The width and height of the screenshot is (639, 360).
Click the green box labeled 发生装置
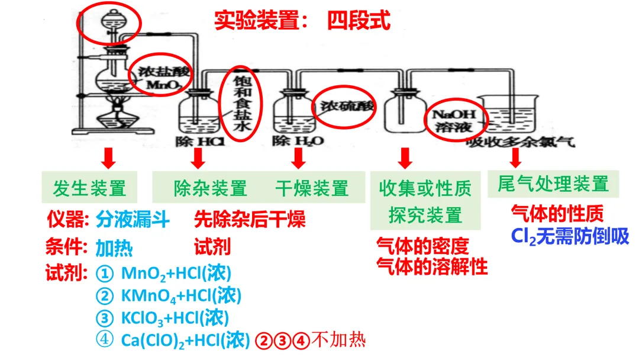tap(89, 188)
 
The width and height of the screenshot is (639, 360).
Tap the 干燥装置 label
tap(312, 188)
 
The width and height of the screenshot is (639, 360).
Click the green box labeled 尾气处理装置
tap(553, 184)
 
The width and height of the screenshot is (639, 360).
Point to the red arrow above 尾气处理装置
tap(515, 157)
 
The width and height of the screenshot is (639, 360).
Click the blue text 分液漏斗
tap(133, 220)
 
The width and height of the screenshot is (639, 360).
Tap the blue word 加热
tap(114, 247)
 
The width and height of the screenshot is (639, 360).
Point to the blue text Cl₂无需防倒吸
tap(570, 236)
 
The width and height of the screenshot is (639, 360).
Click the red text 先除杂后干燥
tap(250, 220)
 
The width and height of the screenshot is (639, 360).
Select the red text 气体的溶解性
tap(432, 266)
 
